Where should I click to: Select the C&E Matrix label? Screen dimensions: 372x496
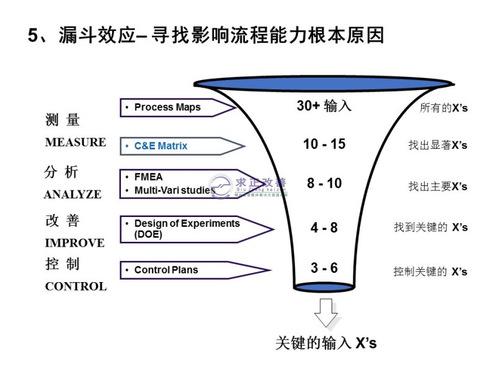(161, 146)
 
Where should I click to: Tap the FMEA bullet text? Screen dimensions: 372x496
(148, 177)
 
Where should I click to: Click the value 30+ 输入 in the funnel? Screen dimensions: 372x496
(324, 106)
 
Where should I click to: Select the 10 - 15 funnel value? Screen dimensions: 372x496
(324, 144)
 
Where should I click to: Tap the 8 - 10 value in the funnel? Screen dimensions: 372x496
(324, 184)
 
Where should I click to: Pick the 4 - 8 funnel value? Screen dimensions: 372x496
(324, 228)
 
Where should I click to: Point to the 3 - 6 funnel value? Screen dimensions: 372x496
(324, 268)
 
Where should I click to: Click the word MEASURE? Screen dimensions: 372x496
(76, 142)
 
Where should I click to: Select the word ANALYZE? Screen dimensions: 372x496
(73, 194)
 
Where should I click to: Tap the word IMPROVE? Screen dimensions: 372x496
(74, 242)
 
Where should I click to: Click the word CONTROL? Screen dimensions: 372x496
(76, 286)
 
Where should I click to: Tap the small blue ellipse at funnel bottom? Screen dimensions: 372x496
(324, 286)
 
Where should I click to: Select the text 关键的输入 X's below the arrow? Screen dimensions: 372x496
(325, 343)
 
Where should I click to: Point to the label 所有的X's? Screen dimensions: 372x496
(443, 108)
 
